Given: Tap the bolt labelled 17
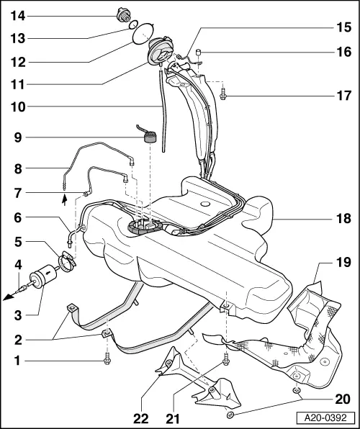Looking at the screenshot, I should (x=224, y=93).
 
